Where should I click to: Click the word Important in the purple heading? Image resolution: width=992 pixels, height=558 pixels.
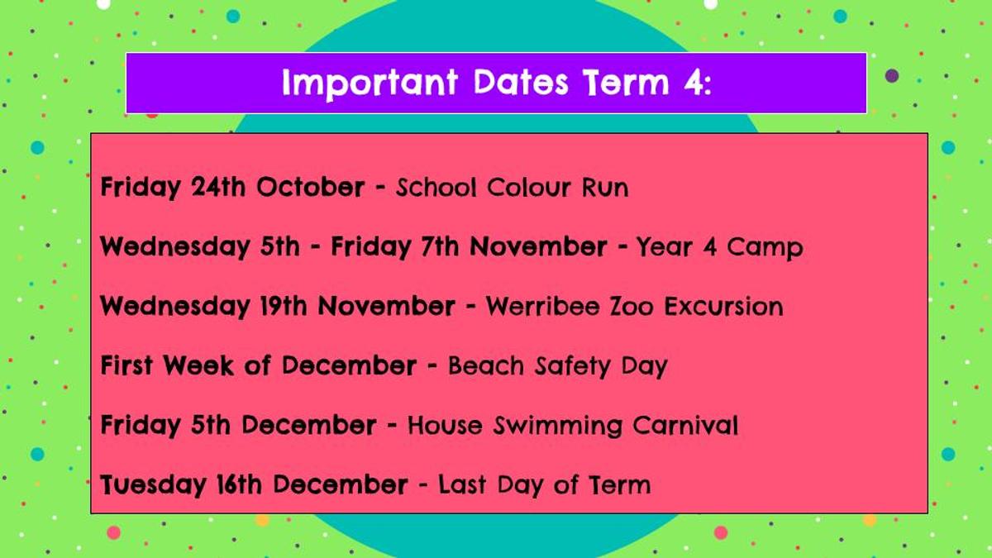370,83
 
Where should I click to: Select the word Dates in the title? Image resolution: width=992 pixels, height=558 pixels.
520,82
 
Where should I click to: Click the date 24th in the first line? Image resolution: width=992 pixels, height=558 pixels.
218,187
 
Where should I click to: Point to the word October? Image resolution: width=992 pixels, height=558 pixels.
311,187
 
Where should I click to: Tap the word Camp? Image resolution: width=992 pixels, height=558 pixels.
765,247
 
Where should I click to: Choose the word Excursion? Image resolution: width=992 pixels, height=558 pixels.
723,307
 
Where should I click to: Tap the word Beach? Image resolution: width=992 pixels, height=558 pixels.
486,365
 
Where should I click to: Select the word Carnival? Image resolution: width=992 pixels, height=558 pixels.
685,425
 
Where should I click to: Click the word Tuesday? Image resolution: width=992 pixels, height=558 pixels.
153,486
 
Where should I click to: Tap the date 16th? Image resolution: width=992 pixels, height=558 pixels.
239,484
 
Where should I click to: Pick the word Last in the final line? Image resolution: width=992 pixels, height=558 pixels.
462,484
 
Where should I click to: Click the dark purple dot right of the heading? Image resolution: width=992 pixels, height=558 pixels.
892,76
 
